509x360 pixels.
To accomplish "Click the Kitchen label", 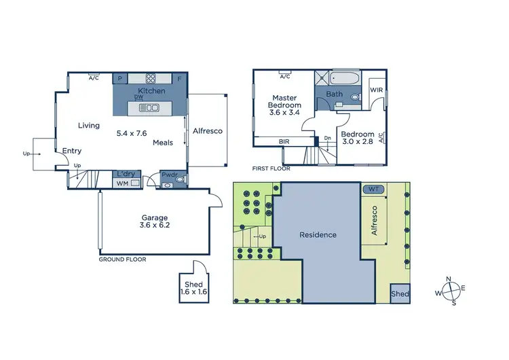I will (x=151, y=91).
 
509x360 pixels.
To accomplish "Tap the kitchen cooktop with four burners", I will (x=150, y=78).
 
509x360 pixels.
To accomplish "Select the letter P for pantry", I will (x=119, y=79).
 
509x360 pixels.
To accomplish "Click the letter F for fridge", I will (x=179, y=79).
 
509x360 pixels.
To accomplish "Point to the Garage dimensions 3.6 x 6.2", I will (x=154, y=225).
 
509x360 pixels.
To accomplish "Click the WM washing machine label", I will (x=122, y=183).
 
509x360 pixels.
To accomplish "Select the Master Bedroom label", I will (x=285, y=105).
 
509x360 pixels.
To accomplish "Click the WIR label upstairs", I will (x=377, y=90).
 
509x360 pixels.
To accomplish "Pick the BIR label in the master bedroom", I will (x=285, y=141).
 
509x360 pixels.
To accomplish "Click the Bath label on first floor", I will (x=334, y=94).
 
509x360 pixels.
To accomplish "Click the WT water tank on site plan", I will (x=374, y=189).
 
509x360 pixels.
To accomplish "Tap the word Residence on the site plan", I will (x=318, y=235).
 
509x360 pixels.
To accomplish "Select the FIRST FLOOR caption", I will (x=271, y=168).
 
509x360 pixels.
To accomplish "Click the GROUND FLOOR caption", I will (x=122, y=259).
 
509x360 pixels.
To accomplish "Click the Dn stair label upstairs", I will (x=327, y=138).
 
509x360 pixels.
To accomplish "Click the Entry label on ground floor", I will (x=72, y=151).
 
